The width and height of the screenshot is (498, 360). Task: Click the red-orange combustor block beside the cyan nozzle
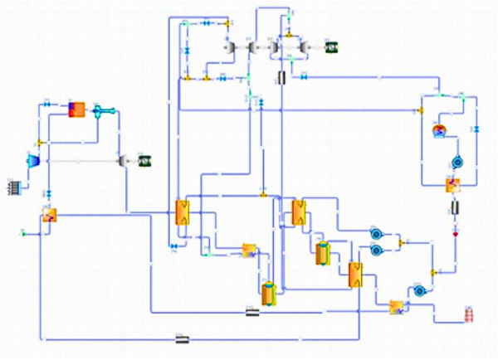tap(76, 109)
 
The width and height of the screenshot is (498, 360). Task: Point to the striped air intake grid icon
tap(14, 187)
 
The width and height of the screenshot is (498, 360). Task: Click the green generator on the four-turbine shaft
tap(330, 48)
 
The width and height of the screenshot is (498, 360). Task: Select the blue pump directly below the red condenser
tap(456, 162)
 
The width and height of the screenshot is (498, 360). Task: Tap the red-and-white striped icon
tap(471, 316)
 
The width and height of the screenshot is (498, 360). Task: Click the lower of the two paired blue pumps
tap(376, 249)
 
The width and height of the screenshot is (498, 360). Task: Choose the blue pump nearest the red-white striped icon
tap(420, 289)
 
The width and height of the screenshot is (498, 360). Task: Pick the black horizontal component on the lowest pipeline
tap(181, 338)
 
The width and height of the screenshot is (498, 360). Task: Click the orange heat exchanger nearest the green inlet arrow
tap(49, 216)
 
